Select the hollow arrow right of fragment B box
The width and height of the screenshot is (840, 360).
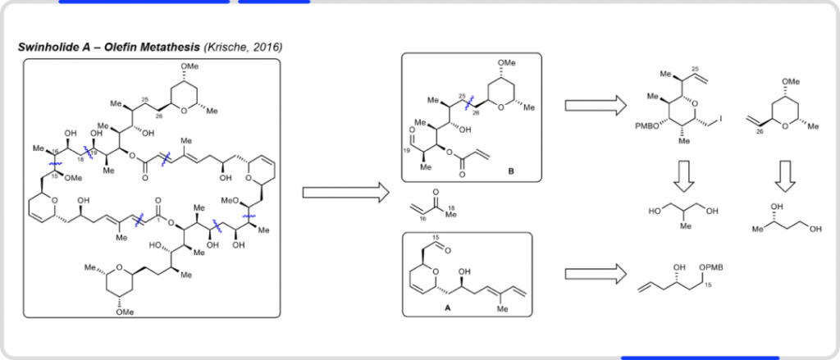click(594, 105)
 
